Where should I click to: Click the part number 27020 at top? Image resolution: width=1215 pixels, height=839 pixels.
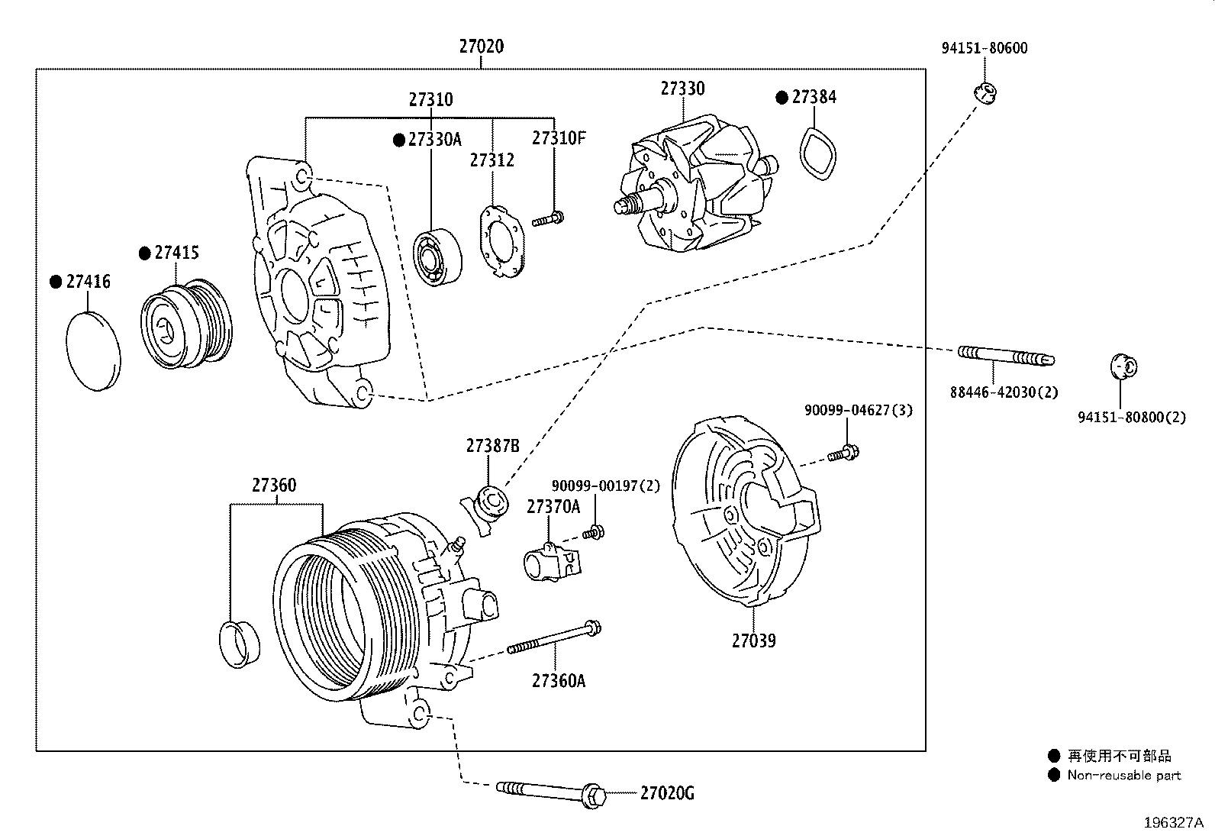click(481, 47)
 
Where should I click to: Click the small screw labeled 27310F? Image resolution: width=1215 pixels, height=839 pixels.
click(549, 220)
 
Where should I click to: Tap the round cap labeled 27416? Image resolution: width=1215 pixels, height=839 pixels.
click(94, 351)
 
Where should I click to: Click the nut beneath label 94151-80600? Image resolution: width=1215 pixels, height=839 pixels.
click(986, 93)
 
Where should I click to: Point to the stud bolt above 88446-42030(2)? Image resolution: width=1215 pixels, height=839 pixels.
click(1004, 356)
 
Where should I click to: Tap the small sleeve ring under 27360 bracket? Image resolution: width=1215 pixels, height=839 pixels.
click(239, 644)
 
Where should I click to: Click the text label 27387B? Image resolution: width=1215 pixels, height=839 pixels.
click(492, 447)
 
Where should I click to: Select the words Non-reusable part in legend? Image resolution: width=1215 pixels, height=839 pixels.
click(1123, 776)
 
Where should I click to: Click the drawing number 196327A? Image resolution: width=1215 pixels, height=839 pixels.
click(1172, 823)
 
